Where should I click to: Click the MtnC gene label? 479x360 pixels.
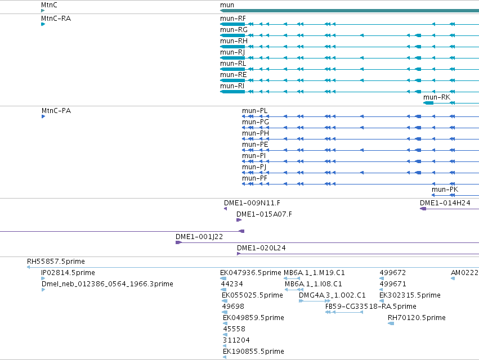(49, 5)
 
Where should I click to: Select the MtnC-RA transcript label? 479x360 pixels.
(56, 19)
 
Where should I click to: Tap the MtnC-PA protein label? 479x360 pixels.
(56, 111)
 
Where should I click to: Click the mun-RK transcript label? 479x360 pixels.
(437, 97)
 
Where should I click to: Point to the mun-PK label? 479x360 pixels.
(445, 190)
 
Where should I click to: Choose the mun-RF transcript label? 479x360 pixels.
(233, 19)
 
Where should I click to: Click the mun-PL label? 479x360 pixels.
(254, 111)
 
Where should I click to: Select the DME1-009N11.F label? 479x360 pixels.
(252, 202)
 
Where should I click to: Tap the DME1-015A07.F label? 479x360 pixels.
(264, 214)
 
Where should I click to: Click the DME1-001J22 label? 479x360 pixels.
(199, 237)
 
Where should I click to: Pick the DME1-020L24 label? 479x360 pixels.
(261, 248)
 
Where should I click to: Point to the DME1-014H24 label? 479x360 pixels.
(445, 202)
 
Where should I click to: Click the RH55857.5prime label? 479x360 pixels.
(56, 262)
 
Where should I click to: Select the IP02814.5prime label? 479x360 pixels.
(68, 273)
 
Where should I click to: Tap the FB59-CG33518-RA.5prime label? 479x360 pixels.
(370, 306)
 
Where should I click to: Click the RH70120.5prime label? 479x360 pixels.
(417, 318)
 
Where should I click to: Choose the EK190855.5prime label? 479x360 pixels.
(253, 352)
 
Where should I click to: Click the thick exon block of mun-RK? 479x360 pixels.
(428, 103)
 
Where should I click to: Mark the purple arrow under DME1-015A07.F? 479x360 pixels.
(239, 220)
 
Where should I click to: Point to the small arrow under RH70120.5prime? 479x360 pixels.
(391, 323)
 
